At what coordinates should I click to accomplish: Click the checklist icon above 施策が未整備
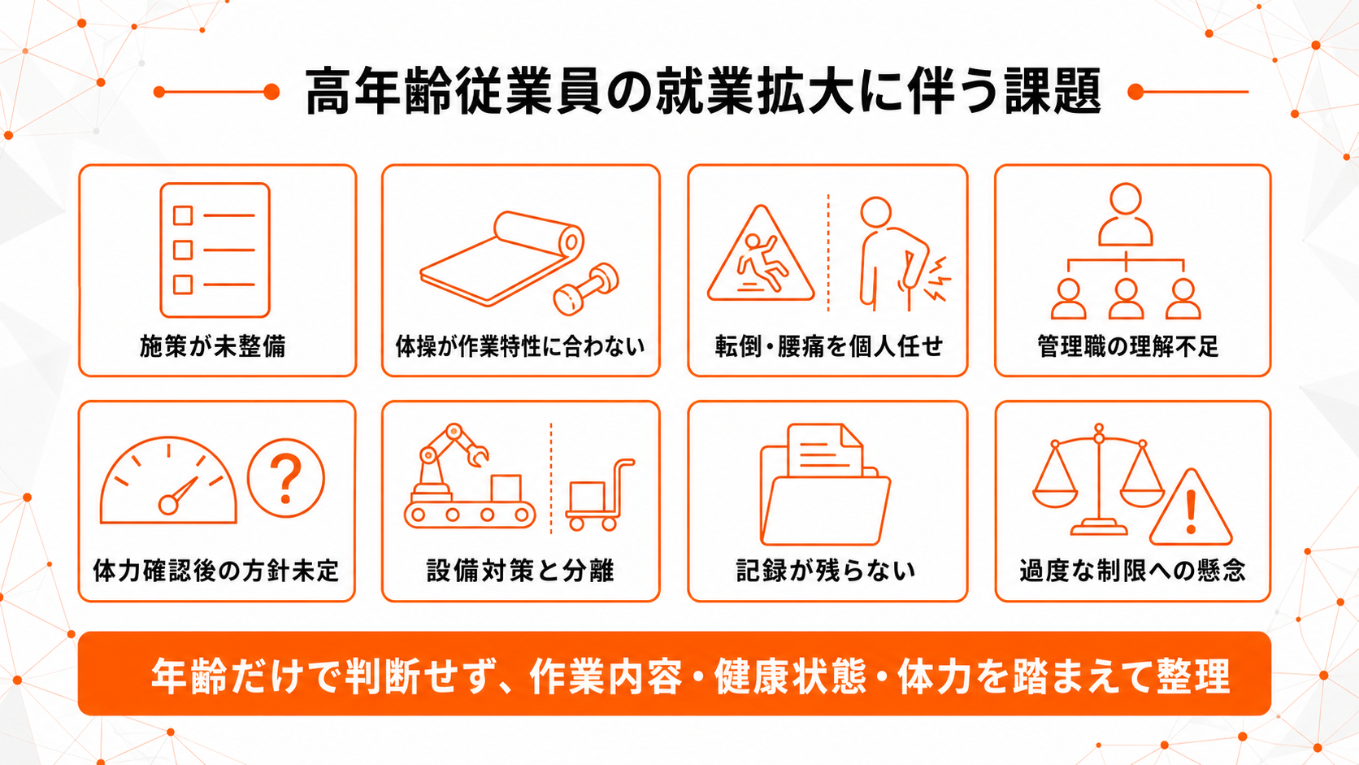pyautogui.click(x=215, y=250)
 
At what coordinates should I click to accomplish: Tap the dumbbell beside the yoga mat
pyautogui.click(x=586, y=289)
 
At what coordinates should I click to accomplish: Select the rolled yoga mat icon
pyautogui.click(x=501, y=258)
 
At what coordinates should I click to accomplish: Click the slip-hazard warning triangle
pyautogui.click(x=761, y=254)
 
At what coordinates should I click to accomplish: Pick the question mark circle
pyautogui.click(x=286, y=478)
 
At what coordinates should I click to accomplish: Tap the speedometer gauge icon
pyautogui.click(x=168, y=480)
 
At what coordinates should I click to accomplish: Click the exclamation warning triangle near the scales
pyautogui.click(x=1190, y=508)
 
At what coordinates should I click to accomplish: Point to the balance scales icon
pyautogui.click(x=1099, y=480)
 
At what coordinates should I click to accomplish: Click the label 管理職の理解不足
pyautogui.click(x=1128, y=346)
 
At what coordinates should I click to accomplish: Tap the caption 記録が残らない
pyautogui.click(x=826, y=570)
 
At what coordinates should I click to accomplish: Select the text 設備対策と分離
pyautogui.click(x=520, y=570)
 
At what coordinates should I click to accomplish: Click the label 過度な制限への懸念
pyautogui.click(x=1132, y=570)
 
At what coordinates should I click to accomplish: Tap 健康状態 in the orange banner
pyautogui.click(x=790, y=676)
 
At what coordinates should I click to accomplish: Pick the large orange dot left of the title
pyautogui.click(x=271, y=92)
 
